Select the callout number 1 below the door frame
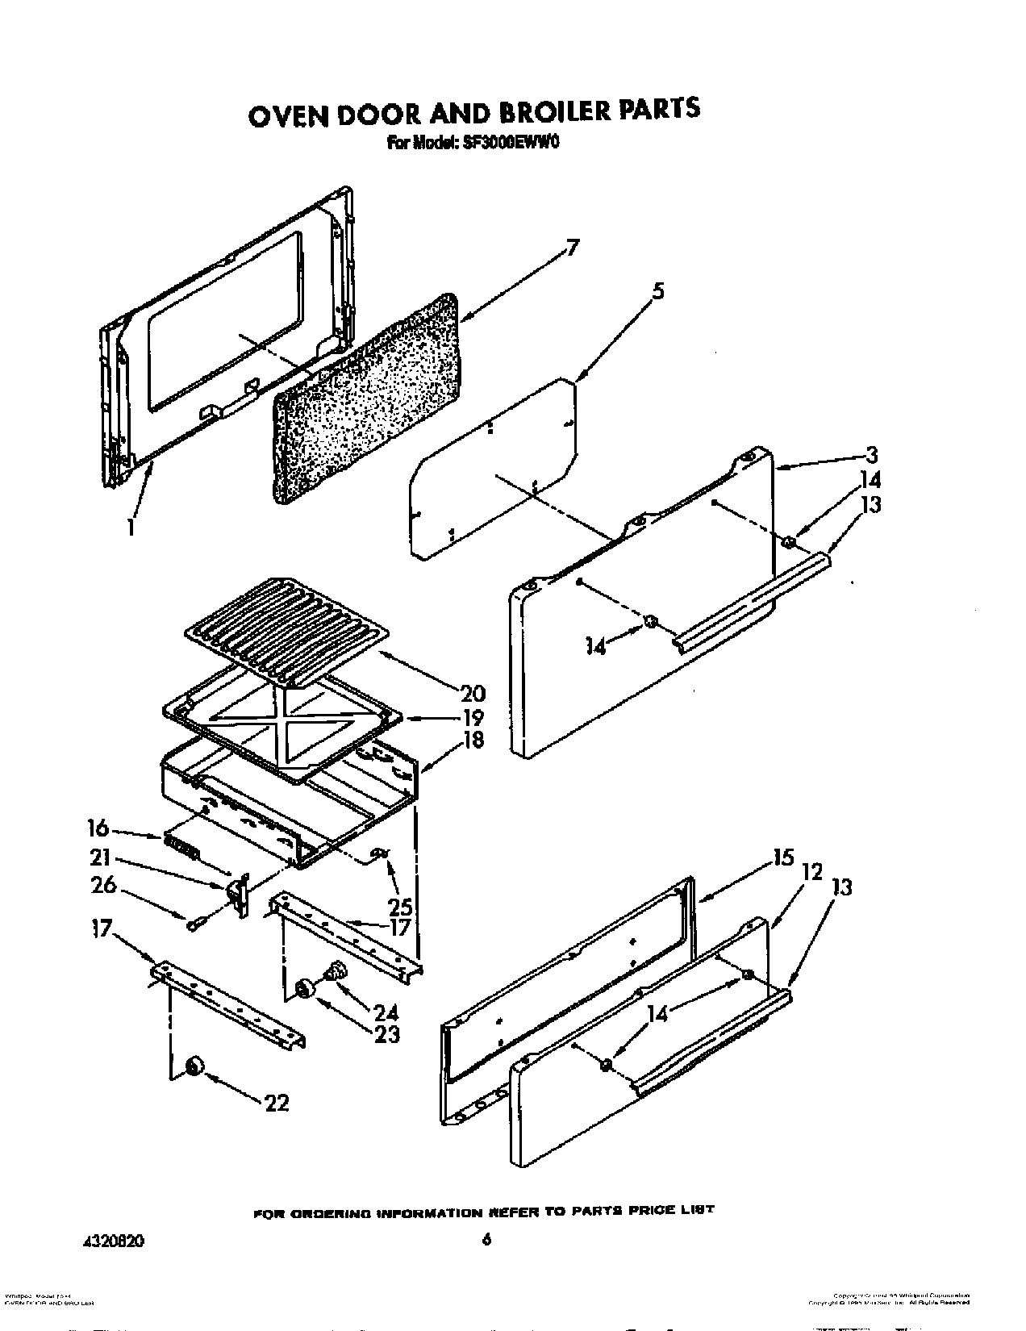[131, 527]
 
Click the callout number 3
[870, 454]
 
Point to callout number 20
[473, 692]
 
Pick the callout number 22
[276, 1103]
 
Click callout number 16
[98, 828]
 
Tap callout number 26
[104, 885]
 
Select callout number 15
[782, 857]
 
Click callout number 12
[811, 871]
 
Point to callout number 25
[401, 907]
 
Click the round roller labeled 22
[194, 1068]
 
